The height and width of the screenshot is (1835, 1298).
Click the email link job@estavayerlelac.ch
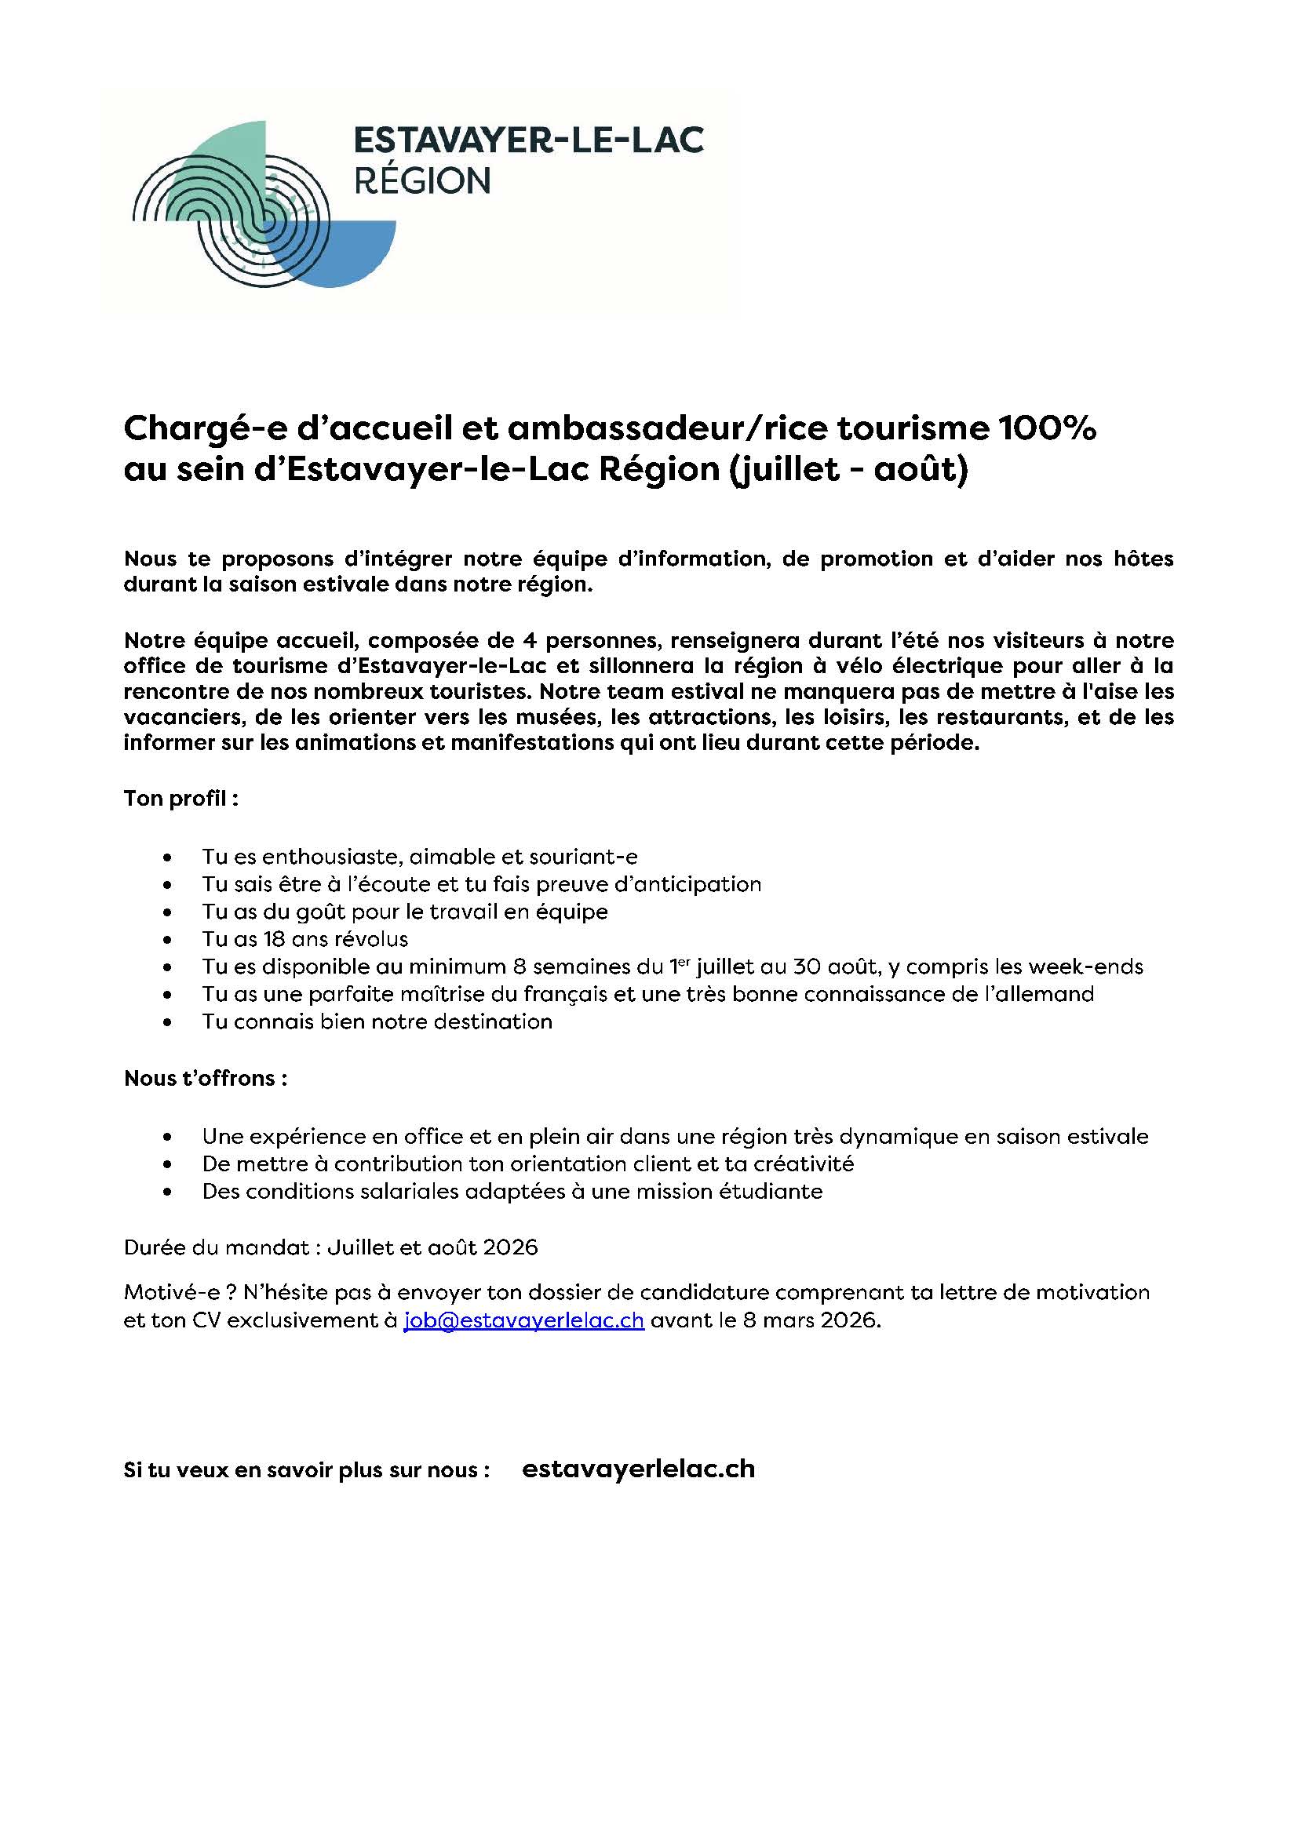(x=523, y=1320)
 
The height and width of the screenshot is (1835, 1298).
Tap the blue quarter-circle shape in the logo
(x=352, y=256)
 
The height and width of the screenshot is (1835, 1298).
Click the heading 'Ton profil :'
(x=181, y=799)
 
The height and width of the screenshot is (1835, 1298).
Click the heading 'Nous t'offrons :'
(x=206, y=1078)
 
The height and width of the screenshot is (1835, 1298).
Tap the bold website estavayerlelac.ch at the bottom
(x=638, y=1469)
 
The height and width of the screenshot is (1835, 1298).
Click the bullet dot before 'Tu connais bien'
(x=167, y=1022)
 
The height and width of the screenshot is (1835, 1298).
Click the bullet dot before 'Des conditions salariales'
(x=167, y=1192)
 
